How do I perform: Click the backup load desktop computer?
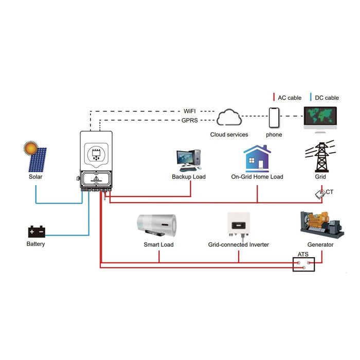tap(188, 160)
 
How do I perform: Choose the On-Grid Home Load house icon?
tap(257, 158)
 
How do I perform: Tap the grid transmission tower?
tap(321, 157)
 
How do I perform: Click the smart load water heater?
tap(157, 225)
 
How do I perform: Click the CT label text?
tap(329, 192)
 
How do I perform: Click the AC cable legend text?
tap(289, 98)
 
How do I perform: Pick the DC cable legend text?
tap(325, 98)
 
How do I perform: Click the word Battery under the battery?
tap(35, 244)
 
